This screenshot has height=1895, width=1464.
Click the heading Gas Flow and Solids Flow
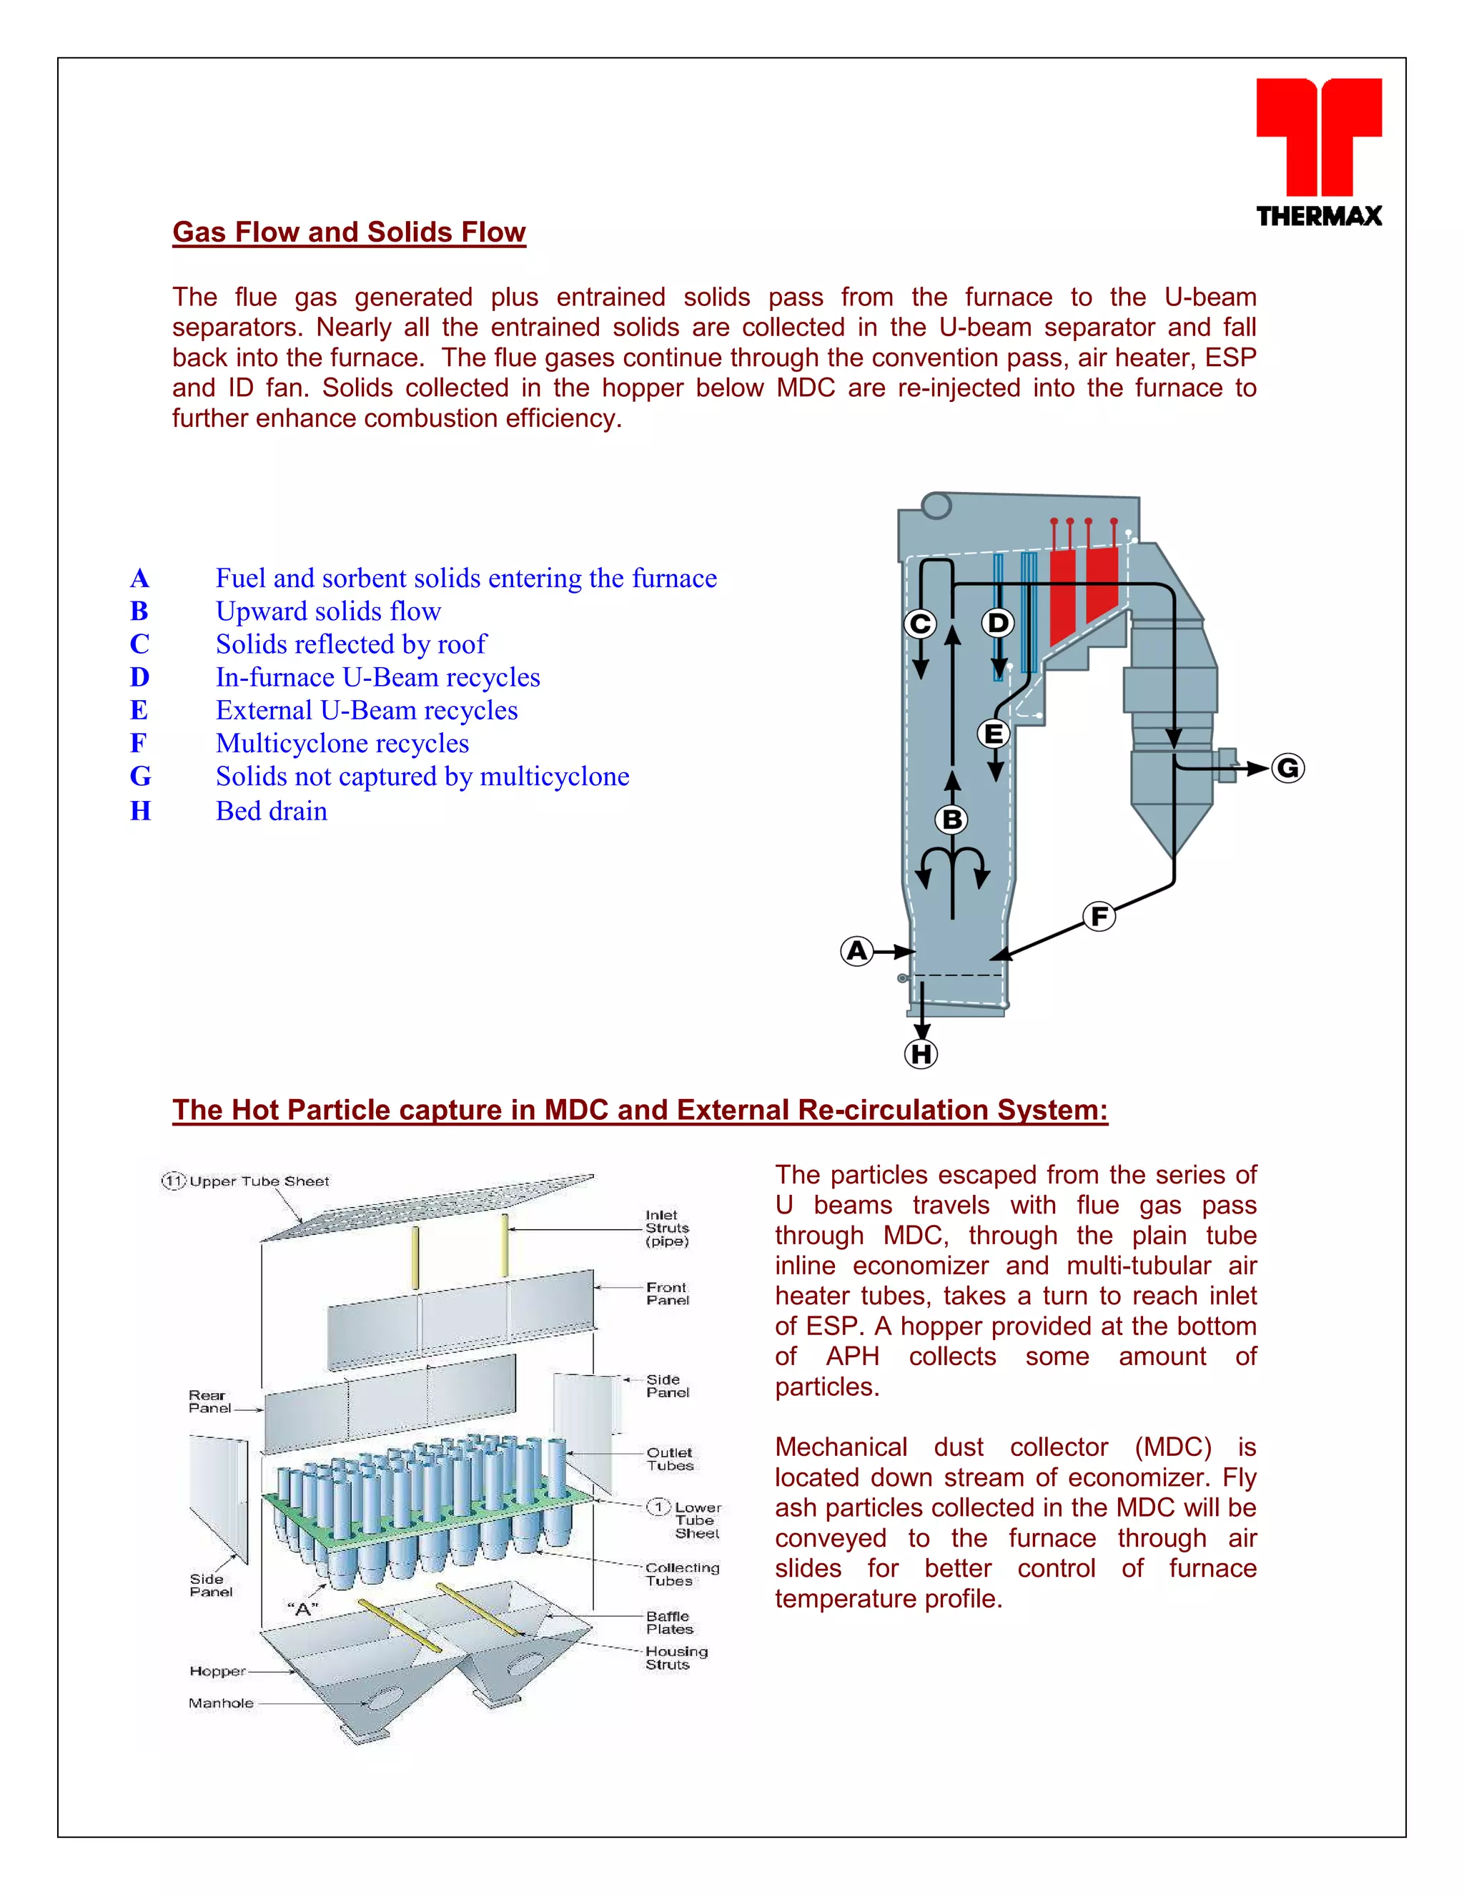click(x=349, y=232)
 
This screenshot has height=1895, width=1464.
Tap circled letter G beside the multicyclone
click(x=1288, y=768)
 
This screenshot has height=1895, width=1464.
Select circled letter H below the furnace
click(x=921, y=1054)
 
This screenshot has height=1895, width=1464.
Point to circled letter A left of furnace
click(x=857, y=951)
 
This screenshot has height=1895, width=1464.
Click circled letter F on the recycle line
click(x=1099, y=916)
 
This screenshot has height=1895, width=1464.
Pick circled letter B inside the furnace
click(x=952, y=819)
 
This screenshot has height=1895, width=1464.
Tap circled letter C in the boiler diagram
click(x=920, y=624)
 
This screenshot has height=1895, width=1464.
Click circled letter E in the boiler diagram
click(x=994, y=734)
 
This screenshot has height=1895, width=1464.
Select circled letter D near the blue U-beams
click(x=998, y=623)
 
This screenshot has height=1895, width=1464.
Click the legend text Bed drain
click(x=272, y=812)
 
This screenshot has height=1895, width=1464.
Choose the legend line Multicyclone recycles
click(x=342, y=744)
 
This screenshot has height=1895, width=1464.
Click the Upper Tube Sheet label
click(x=259, y=1181)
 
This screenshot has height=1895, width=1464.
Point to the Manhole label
click(x=221, y=1703)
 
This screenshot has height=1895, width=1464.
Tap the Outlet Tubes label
click(x=670, y=1459)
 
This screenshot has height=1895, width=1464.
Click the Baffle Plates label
click(x=668, y=1623)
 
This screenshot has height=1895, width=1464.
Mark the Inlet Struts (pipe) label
click(x=667, y=1228)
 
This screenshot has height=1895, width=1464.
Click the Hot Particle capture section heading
click(x=639, y=1111)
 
